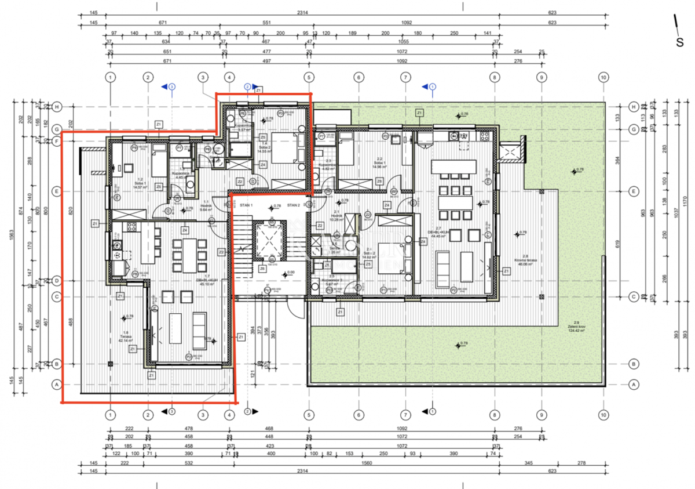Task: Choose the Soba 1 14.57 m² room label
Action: click(138, 184)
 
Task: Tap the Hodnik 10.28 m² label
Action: click(336, 218)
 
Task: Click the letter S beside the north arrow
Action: click(680, 42)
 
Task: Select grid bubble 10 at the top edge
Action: click(603, 77)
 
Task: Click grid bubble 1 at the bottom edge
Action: click(111, 414)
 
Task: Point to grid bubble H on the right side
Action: click(634, 107)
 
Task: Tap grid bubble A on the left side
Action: click(57, 384)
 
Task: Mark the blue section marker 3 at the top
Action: click(171, 86)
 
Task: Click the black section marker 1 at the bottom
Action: click(432, 412)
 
